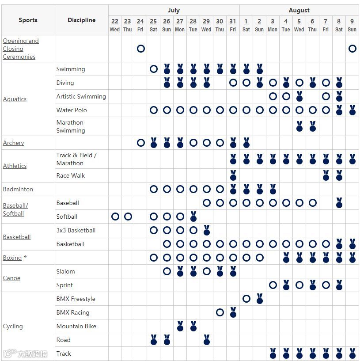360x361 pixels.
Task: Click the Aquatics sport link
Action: pos(15,99)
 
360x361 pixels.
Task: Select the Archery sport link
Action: pos(13,143)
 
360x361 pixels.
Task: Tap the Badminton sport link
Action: pos(18,189)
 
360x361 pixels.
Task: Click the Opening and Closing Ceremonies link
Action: pos(21,49)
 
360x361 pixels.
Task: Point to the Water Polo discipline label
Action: pos(72,110)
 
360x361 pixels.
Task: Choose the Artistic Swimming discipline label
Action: pos(81,96)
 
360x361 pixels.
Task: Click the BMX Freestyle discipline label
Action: pos(76,299)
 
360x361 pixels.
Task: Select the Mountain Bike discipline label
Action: pos(76,326)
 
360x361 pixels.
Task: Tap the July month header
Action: pos(174,10)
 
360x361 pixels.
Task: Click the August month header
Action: pos(299,10)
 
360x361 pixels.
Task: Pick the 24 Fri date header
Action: pos(140,25)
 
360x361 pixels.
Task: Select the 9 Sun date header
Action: pos(352,25)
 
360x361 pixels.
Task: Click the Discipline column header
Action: pos(82,20)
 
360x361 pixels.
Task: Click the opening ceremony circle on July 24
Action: pos(140,49)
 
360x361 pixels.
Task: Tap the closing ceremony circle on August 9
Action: pos(352,49)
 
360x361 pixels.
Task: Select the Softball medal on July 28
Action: pos(193,217)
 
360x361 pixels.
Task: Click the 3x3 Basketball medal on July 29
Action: pos(206,230)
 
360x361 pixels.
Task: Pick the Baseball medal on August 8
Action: pos(339,203)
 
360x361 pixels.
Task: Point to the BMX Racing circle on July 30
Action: pos(220,312)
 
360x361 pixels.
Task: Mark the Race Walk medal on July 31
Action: pos(233,175)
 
